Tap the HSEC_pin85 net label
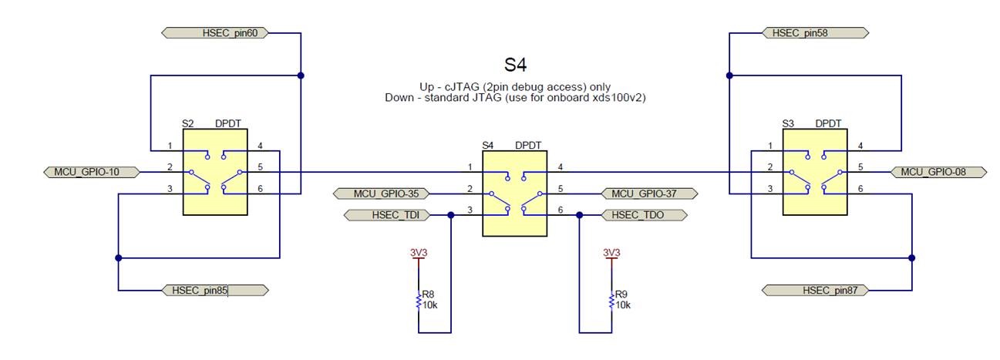(x=215, y=290)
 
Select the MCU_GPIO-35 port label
(x=382, y=193)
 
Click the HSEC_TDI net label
(x=386, y=215)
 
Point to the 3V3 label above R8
(x=419, y=252)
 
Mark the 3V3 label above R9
(x=611, y=252)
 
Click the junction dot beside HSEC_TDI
(x=451, y=215)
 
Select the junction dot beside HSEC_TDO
(x=579, y=215)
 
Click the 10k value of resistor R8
(x=430, y=305)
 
